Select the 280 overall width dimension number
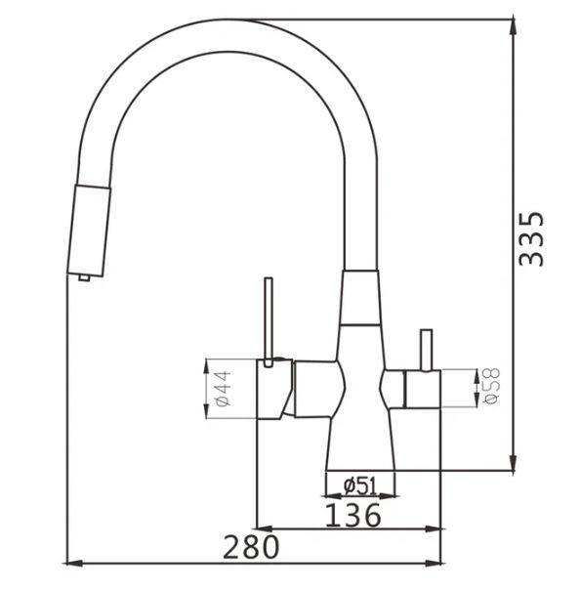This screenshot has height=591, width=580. tap(251, 546)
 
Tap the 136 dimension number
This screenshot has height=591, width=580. tap(352, 516)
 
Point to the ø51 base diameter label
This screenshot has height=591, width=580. tap(360, 485)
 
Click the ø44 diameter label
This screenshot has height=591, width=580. tap(222, 389)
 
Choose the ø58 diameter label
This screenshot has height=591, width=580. tap(491, 387)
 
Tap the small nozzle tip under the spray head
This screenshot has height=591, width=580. tap(85, 279)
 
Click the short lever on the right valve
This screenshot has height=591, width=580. tap(425, 350)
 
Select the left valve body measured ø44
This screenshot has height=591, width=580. tap(273, 389)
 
